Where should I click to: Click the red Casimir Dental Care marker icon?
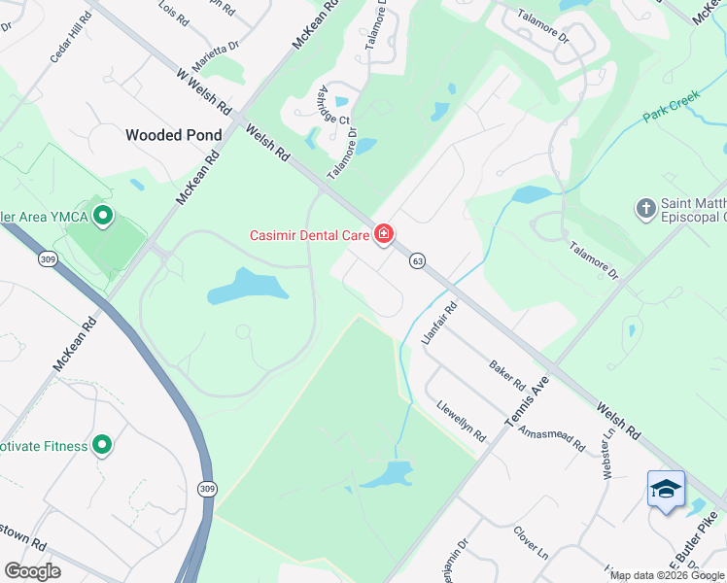[384, 234]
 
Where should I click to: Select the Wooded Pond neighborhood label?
[174, 135]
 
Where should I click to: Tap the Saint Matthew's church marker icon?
[645, 208]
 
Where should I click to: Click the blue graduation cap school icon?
[666, 490]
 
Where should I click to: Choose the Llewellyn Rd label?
[461, 422]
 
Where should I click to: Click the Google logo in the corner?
[32, 570]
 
